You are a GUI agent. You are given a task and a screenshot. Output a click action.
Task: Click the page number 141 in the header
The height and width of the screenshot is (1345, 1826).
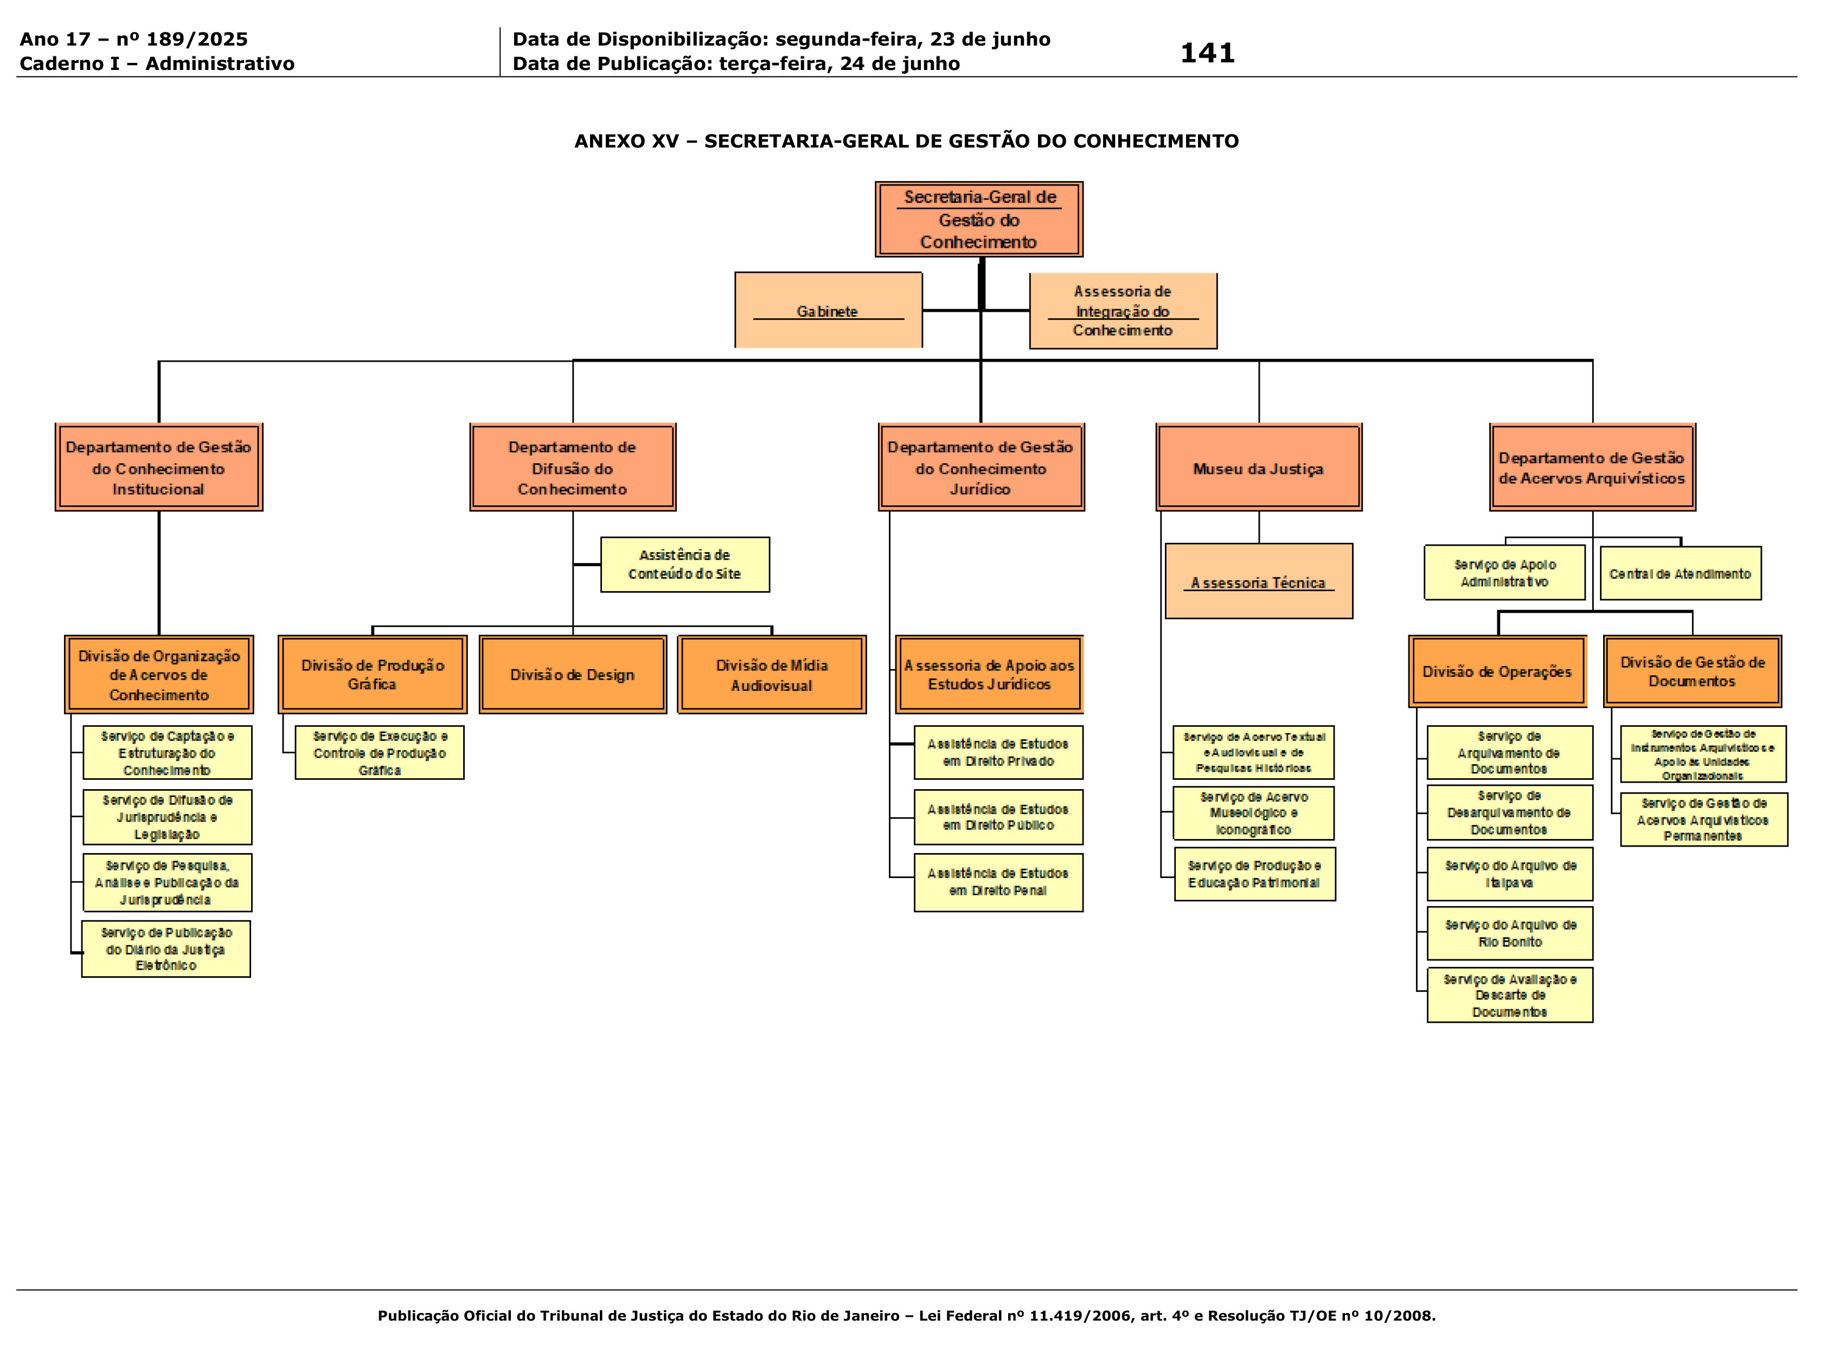1207,53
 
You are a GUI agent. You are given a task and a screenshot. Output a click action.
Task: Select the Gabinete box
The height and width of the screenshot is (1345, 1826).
828,310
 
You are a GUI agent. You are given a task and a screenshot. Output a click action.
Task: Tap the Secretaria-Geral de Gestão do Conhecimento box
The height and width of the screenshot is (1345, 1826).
978,219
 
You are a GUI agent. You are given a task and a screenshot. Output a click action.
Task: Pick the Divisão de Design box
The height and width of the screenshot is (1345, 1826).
572,674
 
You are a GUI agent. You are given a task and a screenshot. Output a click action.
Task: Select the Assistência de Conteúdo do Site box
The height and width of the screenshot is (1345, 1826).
684,564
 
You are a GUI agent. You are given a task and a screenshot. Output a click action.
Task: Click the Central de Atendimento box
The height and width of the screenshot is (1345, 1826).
1680,573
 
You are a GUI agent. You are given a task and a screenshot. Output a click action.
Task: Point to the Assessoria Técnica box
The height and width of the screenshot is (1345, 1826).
1259,581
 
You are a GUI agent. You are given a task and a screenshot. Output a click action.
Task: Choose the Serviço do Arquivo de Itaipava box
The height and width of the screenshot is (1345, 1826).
1509,874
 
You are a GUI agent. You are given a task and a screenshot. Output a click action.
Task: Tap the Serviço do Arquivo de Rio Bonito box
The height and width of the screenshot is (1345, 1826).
1509,933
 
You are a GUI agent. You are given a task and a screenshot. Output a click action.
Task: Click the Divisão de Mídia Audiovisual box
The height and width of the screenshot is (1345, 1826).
771,674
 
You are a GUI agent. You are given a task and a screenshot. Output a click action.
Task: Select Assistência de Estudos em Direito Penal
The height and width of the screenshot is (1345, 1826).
997,882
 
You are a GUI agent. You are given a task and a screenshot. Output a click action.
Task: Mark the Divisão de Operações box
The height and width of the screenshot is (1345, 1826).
1497,671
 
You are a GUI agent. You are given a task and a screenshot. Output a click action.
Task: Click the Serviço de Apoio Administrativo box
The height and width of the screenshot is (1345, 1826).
1504,572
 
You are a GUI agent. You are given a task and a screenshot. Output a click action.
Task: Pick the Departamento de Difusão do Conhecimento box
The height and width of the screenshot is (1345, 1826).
572,467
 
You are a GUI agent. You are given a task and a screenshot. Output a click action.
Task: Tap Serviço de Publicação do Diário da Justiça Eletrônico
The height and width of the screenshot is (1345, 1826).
166,949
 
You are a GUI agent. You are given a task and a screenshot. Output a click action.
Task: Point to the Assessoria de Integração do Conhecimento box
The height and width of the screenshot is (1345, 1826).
1123,310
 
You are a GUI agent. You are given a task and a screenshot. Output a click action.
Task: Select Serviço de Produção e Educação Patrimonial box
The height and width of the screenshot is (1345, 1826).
1254,874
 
